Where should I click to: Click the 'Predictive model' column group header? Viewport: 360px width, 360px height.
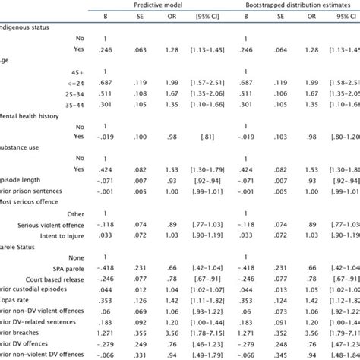click(154, 5)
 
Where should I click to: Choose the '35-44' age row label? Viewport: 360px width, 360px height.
click(72, 107)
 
